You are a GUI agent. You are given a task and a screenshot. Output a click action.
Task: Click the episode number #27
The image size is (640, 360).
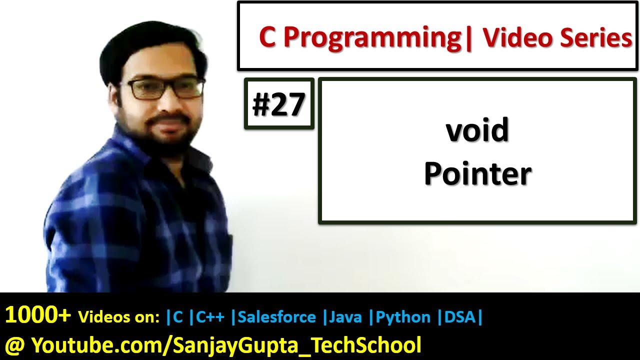278,104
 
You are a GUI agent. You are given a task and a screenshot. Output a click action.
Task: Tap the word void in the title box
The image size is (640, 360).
477,130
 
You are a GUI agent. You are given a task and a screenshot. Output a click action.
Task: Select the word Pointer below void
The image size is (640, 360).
477,173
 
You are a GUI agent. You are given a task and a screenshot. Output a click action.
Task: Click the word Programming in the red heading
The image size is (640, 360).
371,39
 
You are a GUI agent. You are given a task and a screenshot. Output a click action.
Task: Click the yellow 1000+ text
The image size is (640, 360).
37,315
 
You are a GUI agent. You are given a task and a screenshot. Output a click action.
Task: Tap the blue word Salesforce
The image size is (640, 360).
276,317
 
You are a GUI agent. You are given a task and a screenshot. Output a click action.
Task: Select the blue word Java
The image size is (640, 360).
345,317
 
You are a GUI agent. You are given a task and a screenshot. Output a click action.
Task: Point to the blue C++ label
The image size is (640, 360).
210,317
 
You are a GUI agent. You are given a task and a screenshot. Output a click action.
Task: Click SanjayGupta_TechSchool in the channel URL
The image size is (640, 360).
297,345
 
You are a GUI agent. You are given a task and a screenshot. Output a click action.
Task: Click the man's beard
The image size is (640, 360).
167,134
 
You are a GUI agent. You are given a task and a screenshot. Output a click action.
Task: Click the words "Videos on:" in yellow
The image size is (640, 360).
119,317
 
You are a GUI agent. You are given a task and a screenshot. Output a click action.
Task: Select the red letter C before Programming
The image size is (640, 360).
267,37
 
